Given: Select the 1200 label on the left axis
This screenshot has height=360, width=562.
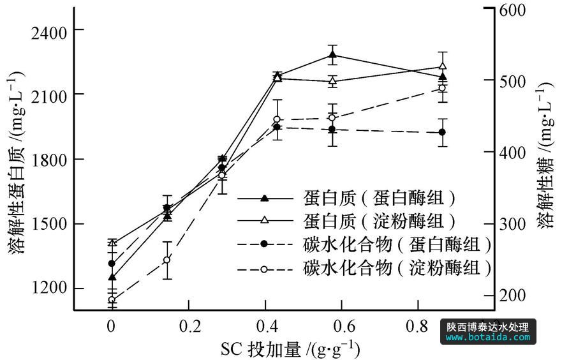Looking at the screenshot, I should pyautogui.click(x=48, y=289).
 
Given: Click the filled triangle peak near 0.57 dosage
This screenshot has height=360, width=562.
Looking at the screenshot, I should pyautogui.click(x=332, y=55).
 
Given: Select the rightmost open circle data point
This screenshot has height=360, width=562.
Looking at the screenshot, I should pyautogui.click(x=443, y=88).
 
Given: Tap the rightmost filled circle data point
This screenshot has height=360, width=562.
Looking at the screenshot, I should pyautogui.click(x=442, y=132).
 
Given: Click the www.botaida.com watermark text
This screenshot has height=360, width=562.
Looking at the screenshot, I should pyautogui.click(x=488, y=337).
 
